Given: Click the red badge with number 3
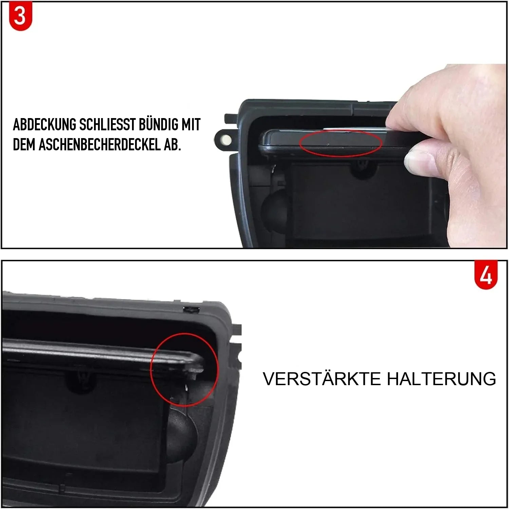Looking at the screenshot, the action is click(x=20, y=16).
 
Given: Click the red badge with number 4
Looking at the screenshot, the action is click(x=486, y=275).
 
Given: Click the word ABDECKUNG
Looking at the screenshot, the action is click(x=44, y=125).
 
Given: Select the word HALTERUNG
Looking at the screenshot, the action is click(x=441, y=379).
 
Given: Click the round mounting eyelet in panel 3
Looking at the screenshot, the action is click(x=224, y=139).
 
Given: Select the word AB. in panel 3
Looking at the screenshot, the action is click(x=172, y=145).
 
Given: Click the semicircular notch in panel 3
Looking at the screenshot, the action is click(x=362, y=169).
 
